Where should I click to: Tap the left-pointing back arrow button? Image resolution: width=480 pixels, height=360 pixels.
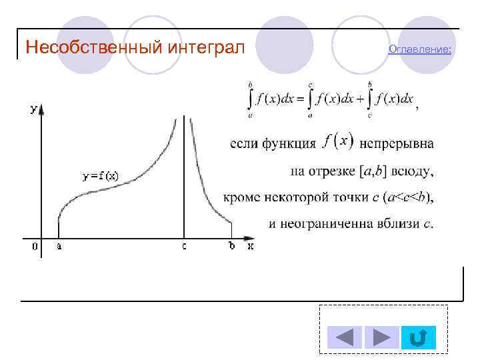click(344, 337)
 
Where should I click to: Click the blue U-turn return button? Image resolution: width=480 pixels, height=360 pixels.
click(419, 337)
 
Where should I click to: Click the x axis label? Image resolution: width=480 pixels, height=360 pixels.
click(251, 246)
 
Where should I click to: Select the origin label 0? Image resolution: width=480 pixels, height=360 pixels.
click(34, 247)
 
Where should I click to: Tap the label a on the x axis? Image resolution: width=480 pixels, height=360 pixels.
click(59, 247)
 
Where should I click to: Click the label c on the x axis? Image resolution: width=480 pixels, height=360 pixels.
click(184, 247)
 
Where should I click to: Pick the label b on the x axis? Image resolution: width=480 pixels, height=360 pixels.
click(232, 246)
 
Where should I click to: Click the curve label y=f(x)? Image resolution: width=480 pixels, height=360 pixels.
click(101, 177)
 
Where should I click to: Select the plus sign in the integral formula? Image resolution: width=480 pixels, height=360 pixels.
click(361, 99)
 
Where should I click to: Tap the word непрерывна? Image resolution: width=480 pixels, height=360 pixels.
click(396, 143)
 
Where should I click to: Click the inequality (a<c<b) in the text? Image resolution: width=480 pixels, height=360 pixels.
click(408, 197)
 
